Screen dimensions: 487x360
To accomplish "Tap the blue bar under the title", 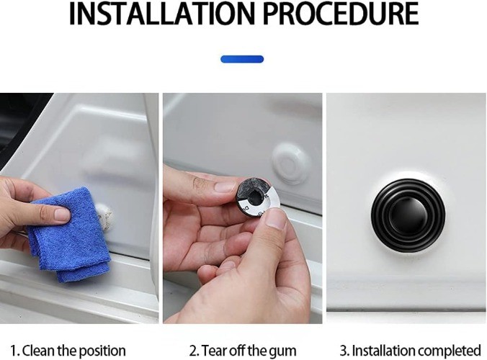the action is point(242,59).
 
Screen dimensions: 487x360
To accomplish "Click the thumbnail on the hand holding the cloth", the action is point(62,215).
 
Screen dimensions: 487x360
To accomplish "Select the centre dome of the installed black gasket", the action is point(408,215).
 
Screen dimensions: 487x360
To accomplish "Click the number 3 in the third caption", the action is point(344,351).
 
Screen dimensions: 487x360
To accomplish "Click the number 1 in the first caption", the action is point(14,351).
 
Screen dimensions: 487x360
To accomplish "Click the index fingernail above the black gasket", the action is point(225,187).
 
